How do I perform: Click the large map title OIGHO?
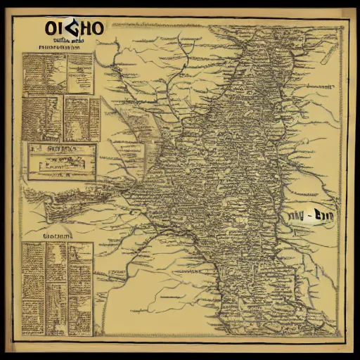pyautogui.click(x=74, y=29)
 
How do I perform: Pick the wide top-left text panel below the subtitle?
pyautogui.click(x=45, y=74)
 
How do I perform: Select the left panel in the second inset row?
pyautogui.click(x=44, y=118)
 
